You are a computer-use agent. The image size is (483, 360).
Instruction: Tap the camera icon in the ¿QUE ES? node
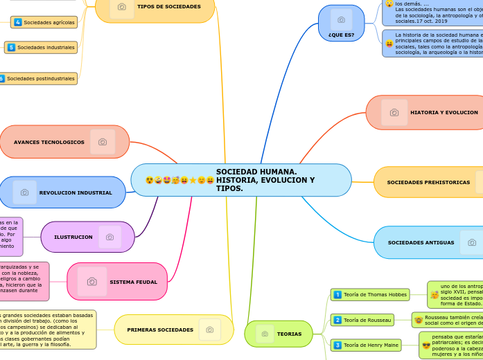[x=341, y=20]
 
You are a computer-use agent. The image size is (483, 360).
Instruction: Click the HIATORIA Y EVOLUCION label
[x=444, y=112]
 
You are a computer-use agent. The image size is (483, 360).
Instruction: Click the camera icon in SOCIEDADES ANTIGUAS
[x=472, y=242]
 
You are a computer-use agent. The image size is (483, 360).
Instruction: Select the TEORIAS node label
[x=289, y=334]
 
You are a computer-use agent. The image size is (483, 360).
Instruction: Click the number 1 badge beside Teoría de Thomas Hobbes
[x=337, y=295]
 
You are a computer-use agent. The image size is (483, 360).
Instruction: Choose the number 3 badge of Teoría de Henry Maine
[x=337, y=345]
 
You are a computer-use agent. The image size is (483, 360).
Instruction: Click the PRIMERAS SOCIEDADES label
[x=160, y=330]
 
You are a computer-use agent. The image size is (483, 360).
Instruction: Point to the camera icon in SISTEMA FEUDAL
[x=92, y=281]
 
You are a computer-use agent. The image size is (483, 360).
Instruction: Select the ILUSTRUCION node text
[x=73, y=237]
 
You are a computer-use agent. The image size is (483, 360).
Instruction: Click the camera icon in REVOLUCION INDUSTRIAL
[x=24, y=192]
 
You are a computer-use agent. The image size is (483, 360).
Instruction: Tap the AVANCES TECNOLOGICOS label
[x=49, y=142]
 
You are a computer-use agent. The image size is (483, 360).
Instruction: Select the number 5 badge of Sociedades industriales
[x=11, y=47]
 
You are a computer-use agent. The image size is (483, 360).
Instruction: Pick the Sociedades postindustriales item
[x=40, y=78]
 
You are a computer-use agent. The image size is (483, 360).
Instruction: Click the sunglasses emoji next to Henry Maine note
[x=426, y=345]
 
